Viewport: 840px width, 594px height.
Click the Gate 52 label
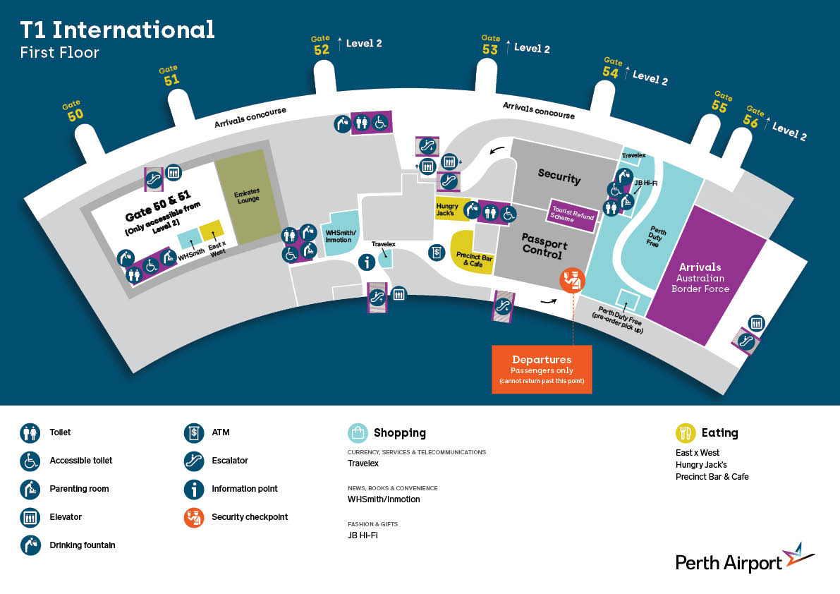pyautogui.click(x=321, y=46)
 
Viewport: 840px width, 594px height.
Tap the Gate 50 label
pyautogui.click(x=73, y=110)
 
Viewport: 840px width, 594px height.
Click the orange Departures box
pyautogui.click(x=542, y=369)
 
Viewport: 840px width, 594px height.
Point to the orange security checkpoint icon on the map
pyautogui.click(x=572, y=279)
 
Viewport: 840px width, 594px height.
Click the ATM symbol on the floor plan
pyautogui.click(x=437, y=253)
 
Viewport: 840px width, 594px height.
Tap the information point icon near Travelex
pyautogui.click(x=367, y=262)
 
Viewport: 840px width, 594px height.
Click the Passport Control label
pyautogui.click(x=544, y=246)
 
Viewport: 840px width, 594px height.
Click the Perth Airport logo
pyautogui.click(x=745, y=559)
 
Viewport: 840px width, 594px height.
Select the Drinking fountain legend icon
pyautogui.click(x=30, y=545)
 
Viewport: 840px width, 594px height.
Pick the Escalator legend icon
pyautogui.click(x=194, y=461)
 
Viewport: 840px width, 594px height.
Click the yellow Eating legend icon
pyautogui.click(x=685, y=432)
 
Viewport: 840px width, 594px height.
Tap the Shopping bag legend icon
pyautogui.click(x=358, y=432)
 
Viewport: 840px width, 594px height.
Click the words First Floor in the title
pyautogui.click(x=59, y=52)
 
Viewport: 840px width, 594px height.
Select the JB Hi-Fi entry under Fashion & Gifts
pyautogui.click(x=363, y=535)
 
